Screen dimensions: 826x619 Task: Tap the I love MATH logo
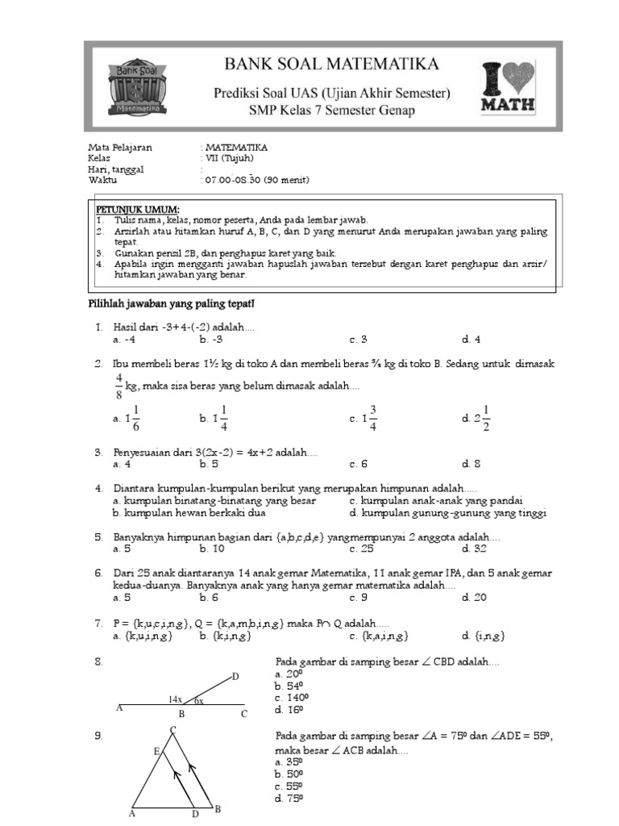tap(507, 87)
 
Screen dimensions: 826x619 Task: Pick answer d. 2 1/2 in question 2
tap(476, 418)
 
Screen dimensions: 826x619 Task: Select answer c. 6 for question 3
tap(358, 464)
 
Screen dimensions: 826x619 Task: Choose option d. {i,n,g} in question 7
tap(484, 636)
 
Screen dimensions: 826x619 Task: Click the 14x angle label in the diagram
tap(175, 699)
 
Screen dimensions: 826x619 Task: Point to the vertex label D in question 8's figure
tap(235, 676)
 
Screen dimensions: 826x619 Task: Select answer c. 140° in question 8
tap(293, 698)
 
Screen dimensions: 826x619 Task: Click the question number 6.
tap(98, 574)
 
